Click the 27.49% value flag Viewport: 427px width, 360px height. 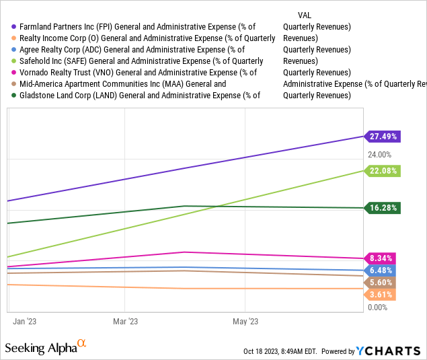[x=383, y=136]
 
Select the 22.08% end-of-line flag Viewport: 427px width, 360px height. [x=383, y=171]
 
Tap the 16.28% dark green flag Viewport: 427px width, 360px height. [x=383, y=208]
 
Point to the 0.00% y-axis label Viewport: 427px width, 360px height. [x=377, y=308]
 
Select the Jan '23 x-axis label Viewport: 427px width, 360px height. [x=25, y=322]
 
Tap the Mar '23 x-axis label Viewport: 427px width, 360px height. [x=126, y=322]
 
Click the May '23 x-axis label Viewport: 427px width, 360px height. [x=245, y=322]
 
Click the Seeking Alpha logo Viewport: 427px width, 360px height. [x=46, y=347]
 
